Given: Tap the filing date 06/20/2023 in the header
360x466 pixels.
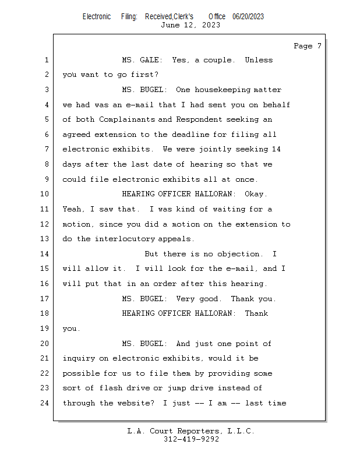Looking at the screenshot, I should click(248, 16).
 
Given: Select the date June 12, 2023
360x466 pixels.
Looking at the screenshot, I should click(190, 25).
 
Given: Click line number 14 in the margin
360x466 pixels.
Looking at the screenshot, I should click(44, 254).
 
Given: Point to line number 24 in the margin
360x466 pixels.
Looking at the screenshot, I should click(44, 403).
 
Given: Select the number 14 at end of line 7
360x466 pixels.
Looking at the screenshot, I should click(276, 150).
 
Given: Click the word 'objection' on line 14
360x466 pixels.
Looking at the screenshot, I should click(241, 254).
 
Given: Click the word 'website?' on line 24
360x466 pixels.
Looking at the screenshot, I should click(136, 403).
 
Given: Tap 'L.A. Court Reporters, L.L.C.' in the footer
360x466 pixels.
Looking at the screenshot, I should click(190, 432).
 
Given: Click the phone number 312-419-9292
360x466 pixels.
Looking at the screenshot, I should click(190, 440).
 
